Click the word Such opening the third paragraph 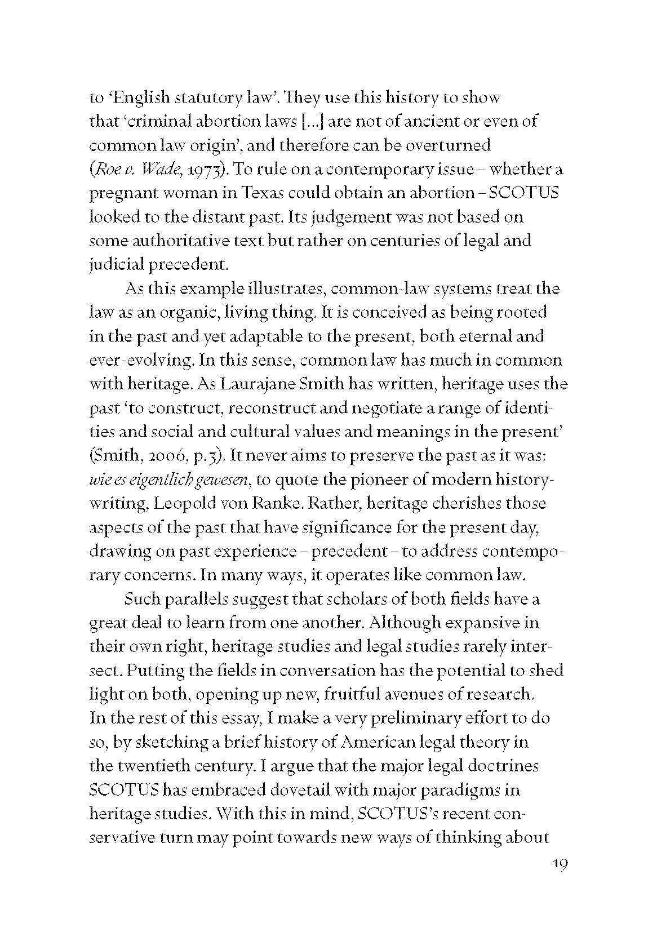[142, 599]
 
